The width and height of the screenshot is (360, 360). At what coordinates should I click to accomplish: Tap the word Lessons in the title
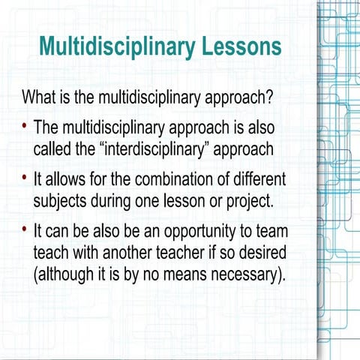pos(241,46)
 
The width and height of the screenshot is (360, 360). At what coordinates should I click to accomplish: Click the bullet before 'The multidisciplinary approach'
pos(25,125)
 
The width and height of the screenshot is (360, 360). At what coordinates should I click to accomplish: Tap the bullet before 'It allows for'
pos(25,181)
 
